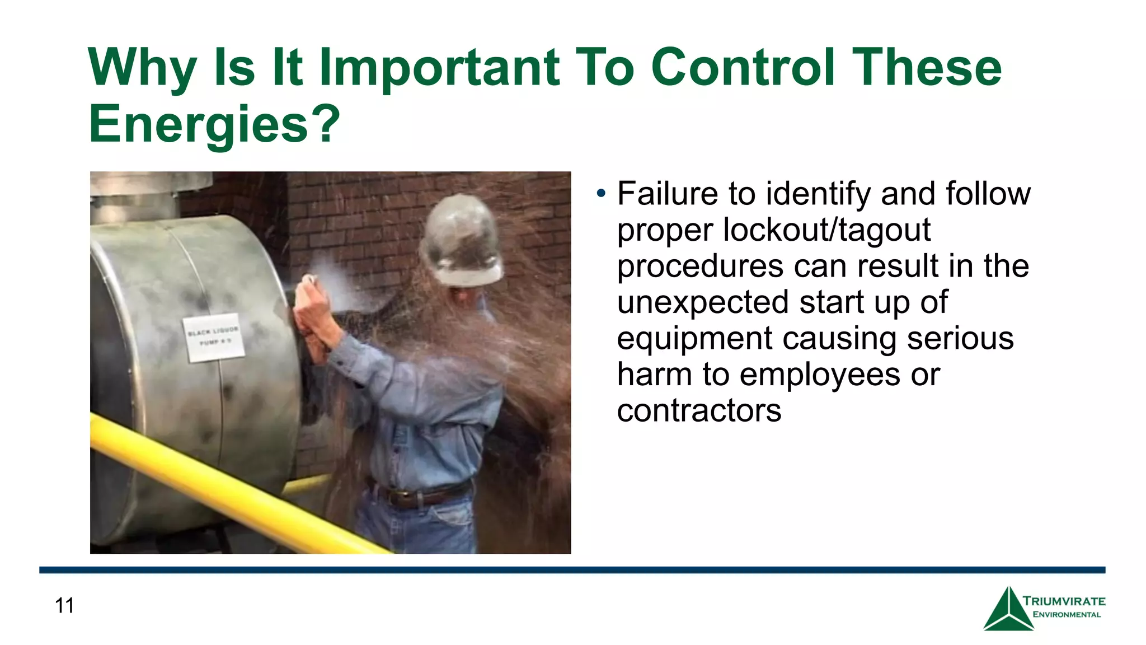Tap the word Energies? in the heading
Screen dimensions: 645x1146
click(214, 124)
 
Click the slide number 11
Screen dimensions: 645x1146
click(64, 606)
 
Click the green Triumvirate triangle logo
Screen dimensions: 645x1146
click(1008, 611)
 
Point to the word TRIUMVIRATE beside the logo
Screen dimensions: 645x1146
click(1064, 601)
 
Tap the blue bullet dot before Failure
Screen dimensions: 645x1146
click(601, 194)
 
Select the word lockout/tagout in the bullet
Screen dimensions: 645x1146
click(826, 230)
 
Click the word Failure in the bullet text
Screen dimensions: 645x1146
click(668, 194)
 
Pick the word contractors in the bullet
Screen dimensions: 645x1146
click(699, 410)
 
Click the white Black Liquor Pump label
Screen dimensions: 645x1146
click(213, 337)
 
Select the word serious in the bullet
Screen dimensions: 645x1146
click(960, 338)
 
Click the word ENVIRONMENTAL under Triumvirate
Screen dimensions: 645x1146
click(1066, 615)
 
